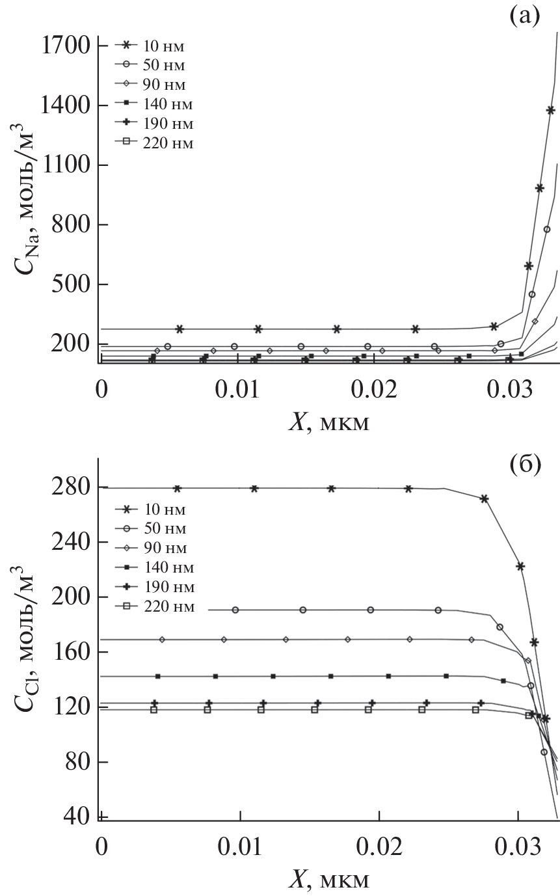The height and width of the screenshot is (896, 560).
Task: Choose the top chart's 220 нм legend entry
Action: pyautogui.click(x=155, y=143)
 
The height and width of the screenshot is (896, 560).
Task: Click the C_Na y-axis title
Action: pyautogui.click(x=27, y=195)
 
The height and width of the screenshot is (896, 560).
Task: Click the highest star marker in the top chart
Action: pyautogui.click(x=550, y=111)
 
